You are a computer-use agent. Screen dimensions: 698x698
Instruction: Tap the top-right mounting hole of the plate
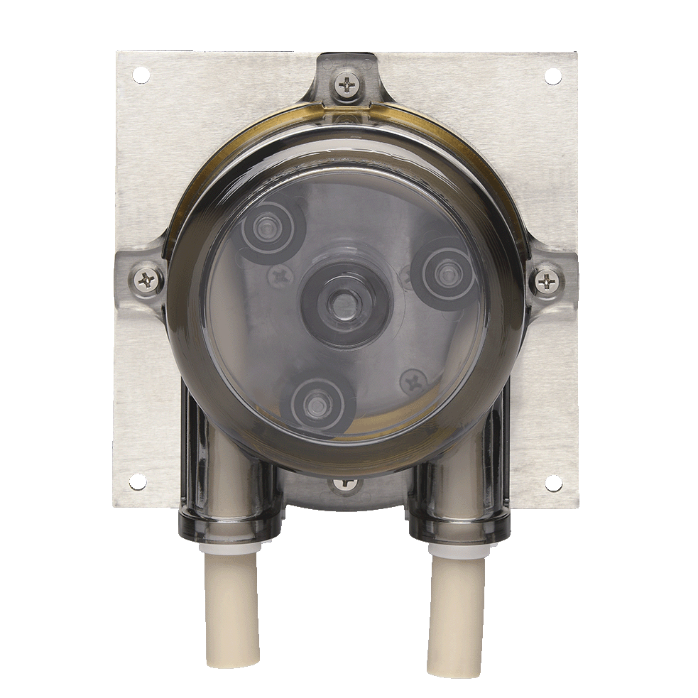point(552,76)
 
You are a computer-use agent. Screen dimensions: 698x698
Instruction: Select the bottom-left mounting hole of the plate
point(137,481)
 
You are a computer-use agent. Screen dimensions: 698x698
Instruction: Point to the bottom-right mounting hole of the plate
point(552,483)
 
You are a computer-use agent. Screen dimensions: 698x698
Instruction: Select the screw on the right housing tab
point(547,282)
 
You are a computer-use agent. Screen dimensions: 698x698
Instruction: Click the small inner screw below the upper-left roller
point(282,276)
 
